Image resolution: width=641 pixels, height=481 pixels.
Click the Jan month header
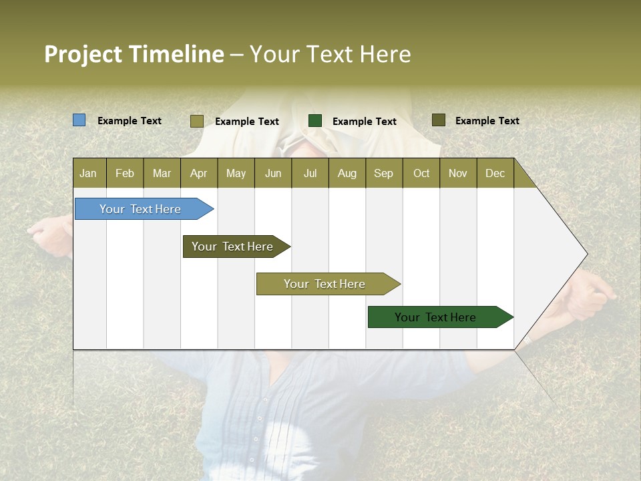[88, 173]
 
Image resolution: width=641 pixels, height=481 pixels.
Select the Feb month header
[125, 173]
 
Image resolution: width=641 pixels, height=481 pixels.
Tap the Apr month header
[198, 173]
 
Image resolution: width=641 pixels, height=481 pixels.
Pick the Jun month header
[273, 173]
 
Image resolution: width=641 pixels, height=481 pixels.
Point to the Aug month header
[347, 173]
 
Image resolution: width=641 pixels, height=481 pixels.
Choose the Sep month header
[383, 173]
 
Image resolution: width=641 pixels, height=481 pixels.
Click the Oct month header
[421, 173]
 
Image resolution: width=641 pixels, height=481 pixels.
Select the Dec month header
[495, 173]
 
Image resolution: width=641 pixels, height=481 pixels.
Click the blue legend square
[79, 120]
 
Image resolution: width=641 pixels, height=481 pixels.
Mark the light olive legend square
[196, 121]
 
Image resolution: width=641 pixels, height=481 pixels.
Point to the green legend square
[315, 121]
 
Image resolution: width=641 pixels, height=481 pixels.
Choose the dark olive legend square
[438, 120]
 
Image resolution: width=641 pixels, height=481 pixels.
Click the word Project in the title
[83, 54]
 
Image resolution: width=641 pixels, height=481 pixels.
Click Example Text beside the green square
[364, 122]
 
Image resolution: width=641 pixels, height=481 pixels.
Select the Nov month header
[457, 173]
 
